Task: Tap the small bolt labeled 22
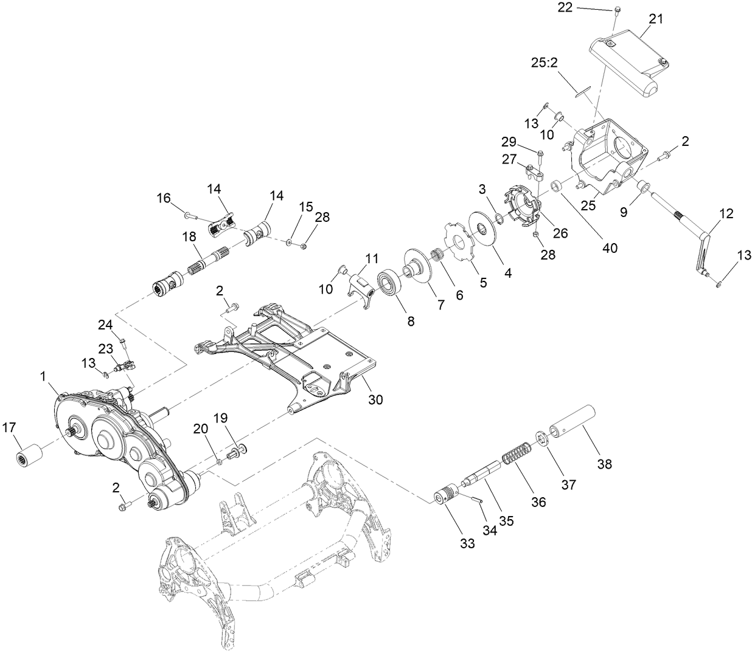(616, 10)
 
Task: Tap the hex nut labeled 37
(541, 439)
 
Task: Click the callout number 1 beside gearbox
(44, 377)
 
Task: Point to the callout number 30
(375, 401)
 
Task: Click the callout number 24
(105, 325)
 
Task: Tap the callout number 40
(609, 248)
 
